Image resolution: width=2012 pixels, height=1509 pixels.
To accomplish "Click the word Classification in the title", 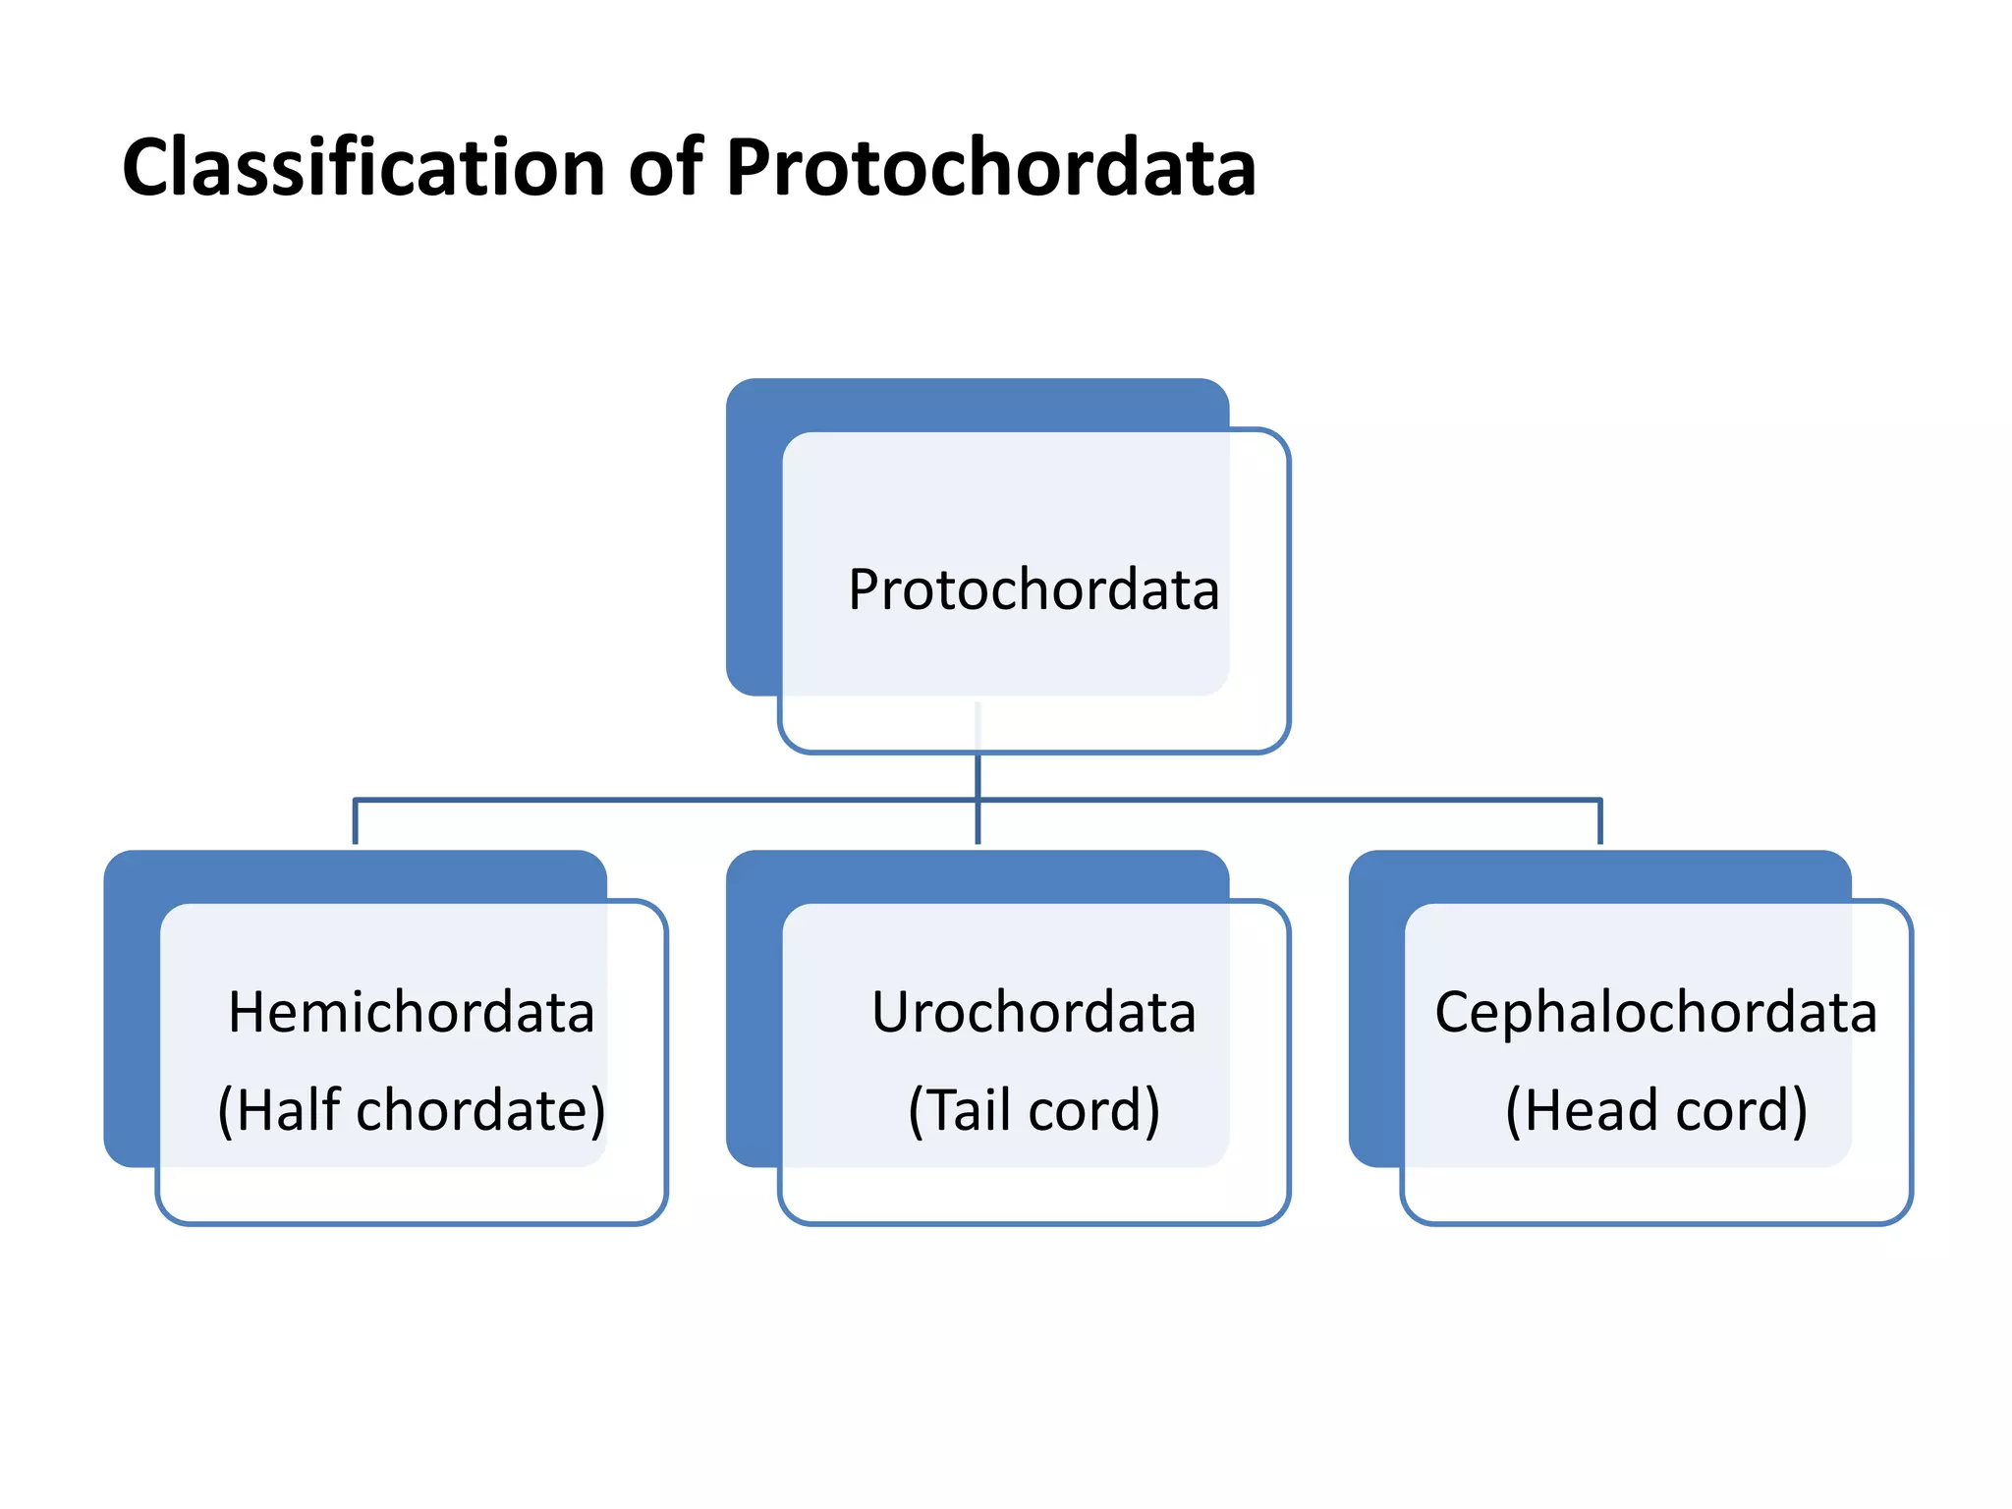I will pos(363,167).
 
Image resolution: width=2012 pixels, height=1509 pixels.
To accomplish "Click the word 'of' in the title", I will pos(665,167).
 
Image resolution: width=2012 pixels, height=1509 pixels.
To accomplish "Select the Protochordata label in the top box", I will pos(1034,589).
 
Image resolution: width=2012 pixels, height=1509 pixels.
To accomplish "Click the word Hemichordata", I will pos(411,1012).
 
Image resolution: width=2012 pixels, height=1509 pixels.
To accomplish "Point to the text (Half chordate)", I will pos(411,1110).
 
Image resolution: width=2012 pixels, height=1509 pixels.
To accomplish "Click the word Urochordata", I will pos(1034,1012).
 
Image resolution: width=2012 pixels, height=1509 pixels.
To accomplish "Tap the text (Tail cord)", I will pos(1034,1110).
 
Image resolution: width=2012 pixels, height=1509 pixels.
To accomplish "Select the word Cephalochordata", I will pos(1655,1012).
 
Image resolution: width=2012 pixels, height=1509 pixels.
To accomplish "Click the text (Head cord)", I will pos(1655,1110).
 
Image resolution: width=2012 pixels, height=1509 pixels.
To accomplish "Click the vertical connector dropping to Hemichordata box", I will pos(355,823).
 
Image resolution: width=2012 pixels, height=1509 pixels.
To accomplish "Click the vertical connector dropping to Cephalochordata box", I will pos(1600,823).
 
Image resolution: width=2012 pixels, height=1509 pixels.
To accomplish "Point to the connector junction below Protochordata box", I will pos(978,800).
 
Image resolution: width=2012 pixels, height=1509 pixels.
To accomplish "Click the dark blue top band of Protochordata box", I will pos(978,404).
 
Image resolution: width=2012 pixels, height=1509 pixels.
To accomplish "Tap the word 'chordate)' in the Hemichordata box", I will pos(480,1110).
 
